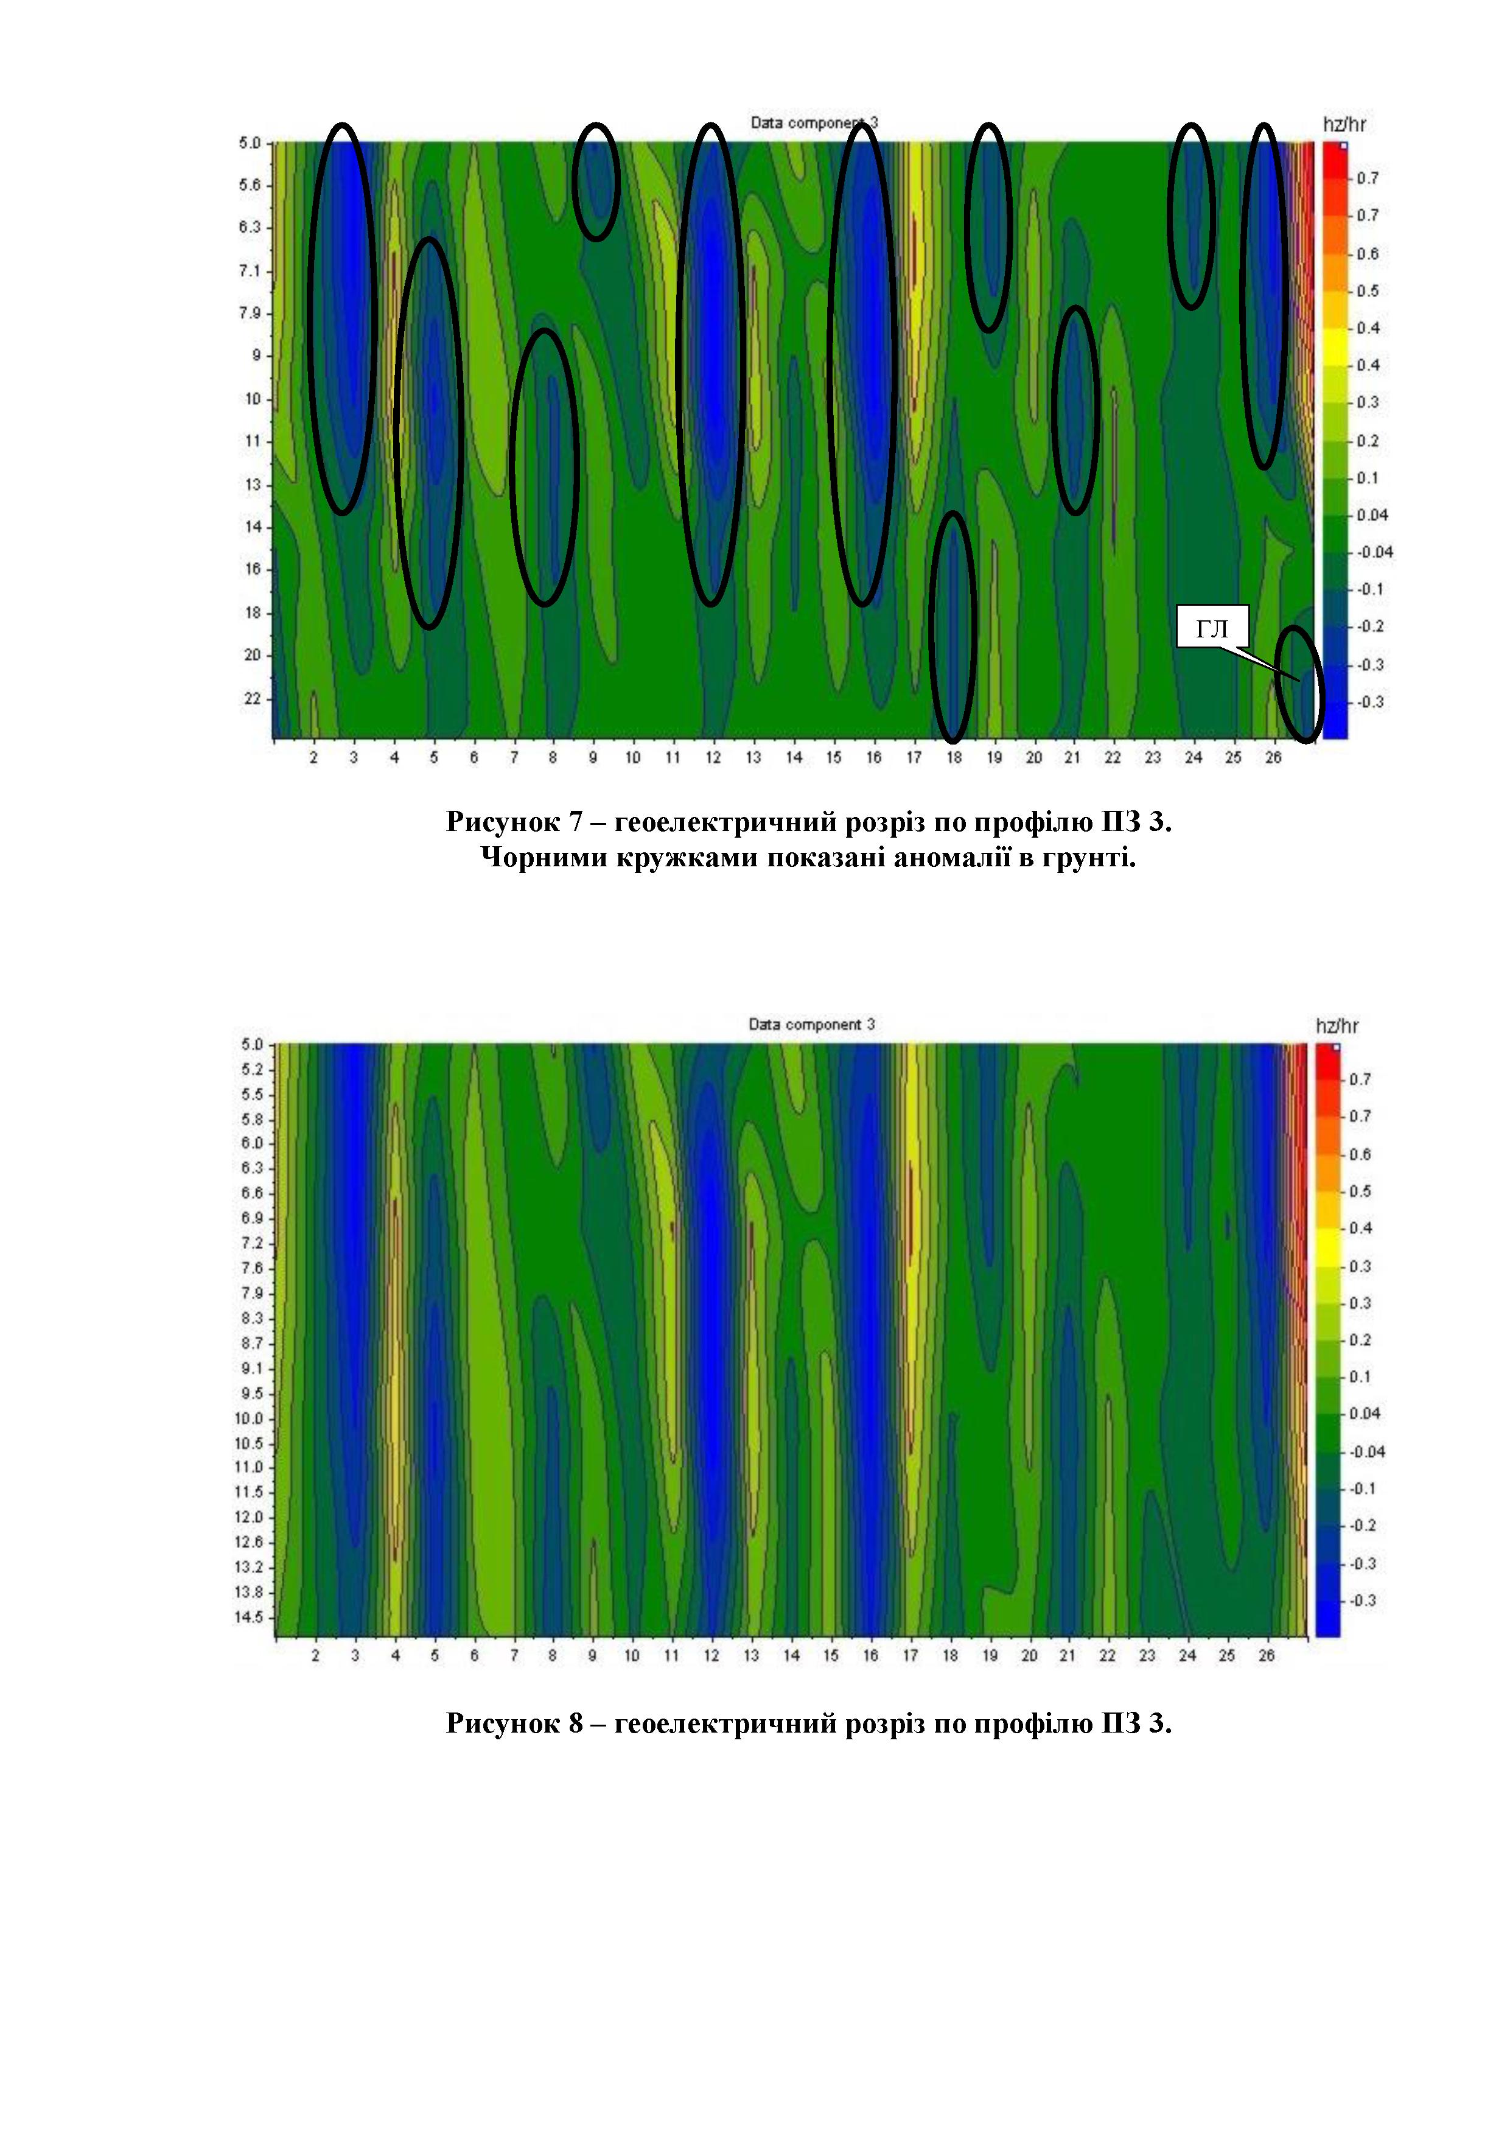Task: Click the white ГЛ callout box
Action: click(1212, 629)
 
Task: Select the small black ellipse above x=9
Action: click(595, 181)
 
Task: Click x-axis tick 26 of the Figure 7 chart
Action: click(1273, 758)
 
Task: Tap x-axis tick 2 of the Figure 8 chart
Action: click(315, 1655)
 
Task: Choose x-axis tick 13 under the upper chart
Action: click(753, 758)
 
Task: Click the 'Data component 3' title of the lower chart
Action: click(812, 1024)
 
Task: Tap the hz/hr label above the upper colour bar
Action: click(1344, 124)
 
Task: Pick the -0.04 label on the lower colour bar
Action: click(1367, 1451)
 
